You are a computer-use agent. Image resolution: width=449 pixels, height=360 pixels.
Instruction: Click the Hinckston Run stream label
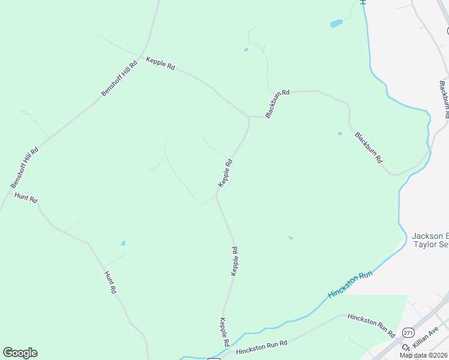(351, 286)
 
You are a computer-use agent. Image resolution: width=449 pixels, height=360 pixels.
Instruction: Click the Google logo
(20, 353)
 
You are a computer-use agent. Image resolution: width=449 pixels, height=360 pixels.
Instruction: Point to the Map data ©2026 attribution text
(424, 355)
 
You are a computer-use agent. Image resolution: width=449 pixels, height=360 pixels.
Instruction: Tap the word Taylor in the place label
(424, 245)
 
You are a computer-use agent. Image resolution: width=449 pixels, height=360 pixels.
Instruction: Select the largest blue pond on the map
(336, 24)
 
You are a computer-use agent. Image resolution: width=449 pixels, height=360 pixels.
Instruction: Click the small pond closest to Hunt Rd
(123, 243)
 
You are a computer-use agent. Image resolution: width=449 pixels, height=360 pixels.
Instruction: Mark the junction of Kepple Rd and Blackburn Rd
(249, 116)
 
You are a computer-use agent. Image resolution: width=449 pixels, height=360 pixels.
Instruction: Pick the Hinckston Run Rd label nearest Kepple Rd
(262, 346)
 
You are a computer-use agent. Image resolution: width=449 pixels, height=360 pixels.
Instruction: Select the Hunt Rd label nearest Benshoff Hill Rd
(26, 198)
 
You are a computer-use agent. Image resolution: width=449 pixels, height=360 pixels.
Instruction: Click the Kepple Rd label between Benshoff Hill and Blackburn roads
(160, 64)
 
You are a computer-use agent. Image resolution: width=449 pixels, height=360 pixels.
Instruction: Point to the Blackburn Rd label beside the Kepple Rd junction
(277, 103)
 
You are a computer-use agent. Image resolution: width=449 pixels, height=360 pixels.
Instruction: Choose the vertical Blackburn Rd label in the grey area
(445, 98)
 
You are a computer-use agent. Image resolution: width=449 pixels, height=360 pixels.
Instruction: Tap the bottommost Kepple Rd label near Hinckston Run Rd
(225, 332)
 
